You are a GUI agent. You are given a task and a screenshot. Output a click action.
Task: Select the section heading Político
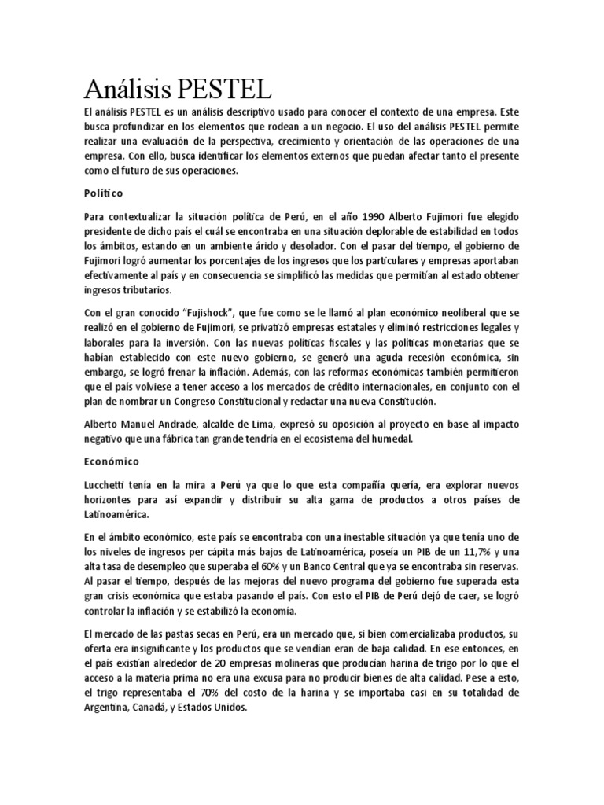[x=103, y=193]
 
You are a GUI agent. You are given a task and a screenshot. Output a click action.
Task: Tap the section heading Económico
[x=111, y=463]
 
